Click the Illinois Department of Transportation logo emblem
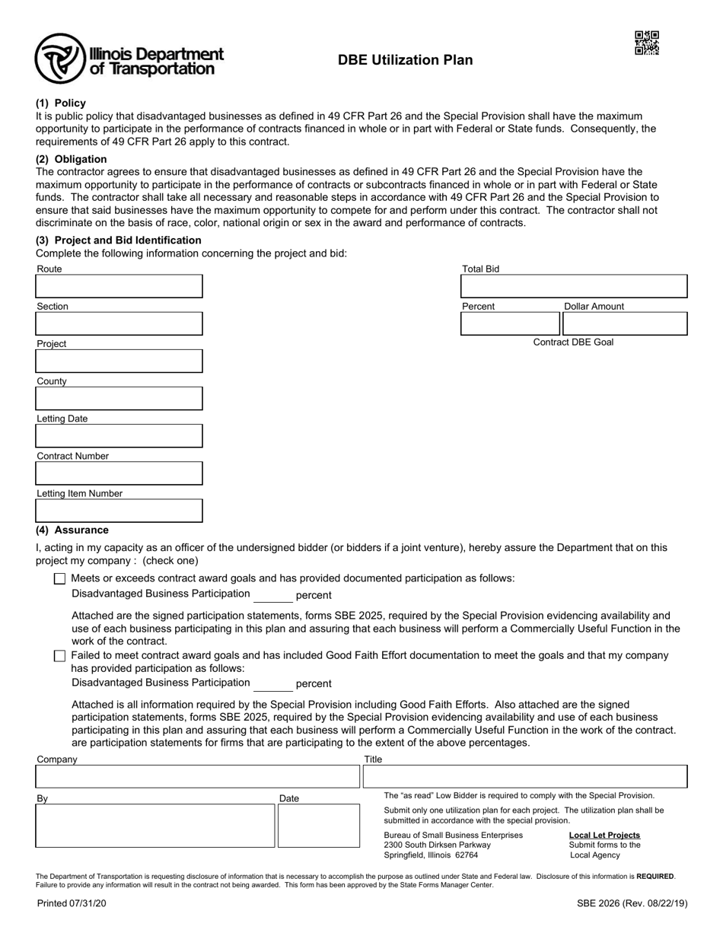[59, 59]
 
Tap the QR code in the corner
[646, 43]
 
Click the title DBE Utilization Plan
[405, 60]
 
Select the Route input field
[119, 286]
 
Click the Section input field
[119, 323]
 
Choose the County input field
[119, 398]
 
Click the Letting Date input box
[119, 435]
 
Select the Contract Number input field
[119, 473]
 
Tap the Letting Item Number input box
[119, 510]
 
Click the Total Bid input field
[574, 286]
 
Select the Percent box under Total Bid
[510, 323]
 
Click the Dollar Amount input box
[625, 323]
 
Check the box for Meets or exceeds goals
[60, 578]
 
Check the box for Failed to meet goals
[60, 656]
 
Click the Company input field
[197, 776]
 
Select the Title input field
[525, 776]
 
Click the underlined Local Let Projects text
[604, 835]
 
